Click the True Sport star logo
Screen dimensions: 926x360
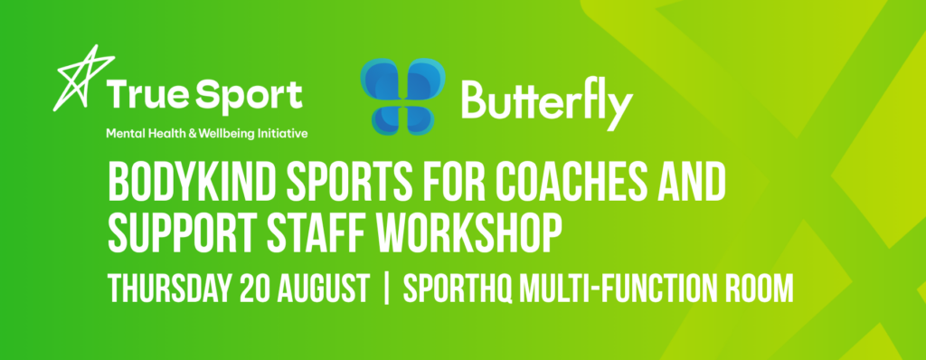pyautogui.click(x=82, y=78)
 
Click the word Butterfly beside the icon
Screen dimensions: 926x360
pyautogui.click(x=547, y=103)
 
